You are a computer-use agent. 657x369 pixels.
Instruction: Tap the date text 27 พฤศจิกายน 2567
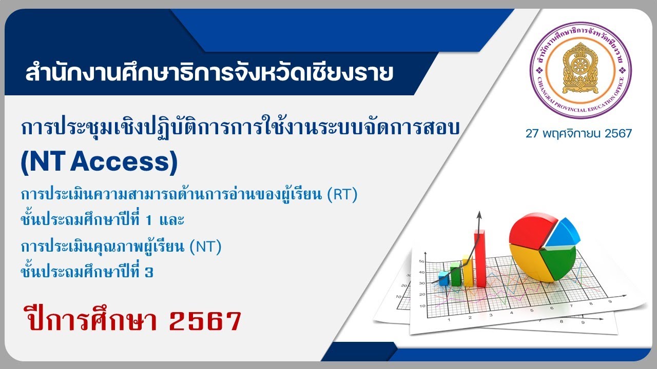point(578,134)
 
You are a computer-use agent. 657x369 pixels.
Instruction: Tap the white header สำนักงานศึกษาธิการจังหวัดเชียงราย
point(209,73)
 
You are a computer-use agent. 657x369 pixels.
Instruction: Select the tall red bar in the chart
point(480,259)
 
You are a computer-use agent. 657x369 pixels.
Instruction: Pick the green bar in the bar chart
point(456,274)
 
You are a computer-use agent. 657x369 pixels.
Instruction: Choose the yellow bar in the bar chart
point(468,270)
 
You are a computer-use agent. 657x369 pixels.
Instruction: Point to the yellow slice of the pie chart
point(529,261)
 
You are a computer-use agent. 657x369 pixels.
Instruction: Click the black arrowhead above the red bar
point(479,214)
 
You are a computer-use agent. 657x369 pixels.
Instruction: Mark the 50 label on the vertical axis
point(421,261)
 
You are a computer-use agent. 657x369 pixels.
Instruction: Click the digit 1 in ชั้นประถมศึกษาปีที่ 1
point(149,221)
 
